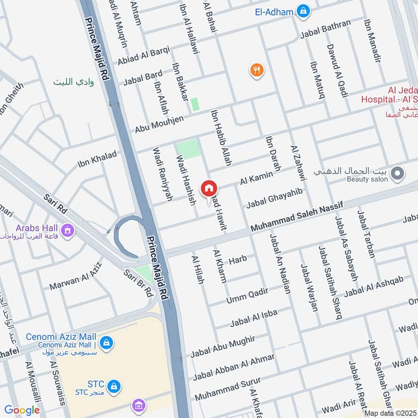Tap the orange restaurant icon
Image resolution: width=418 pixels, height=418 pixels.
pyautogui.click(x=256, y=70)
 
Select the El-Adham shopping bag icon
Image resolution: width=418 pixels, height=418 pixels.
pyautogui.click(x=303, y=10)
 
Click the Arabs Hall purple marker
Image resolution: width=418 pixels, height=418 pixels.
pyautogui.click(x=67, y=229)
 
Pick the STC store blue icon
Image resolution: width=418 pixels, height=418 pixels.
pyautogui.click(x=114, y=387)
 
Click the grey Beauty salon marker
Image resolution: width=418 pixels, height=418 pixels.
pyautogui.click(x=398, y=173)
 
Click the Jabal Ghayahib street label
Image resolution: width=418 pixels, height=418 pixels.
pyautogui.click(x=274, y=198)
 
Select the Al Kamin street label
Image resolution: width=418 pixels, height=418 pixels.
pyautogui.click(x=257, y=178)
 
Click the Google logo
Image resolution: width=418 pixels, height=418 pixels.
pyautogui.click(x=22, y=410)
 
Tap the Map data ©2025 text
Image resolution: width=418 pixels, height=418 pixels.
pyautogui.click(x=389, y=413)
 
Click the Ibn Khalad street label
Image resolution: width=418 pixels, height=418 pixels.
pyautogui.click(x=97, y=160)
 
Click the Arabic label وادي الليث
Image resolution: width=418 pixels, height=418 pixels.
pyautogui.click(x=73, y=82)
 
